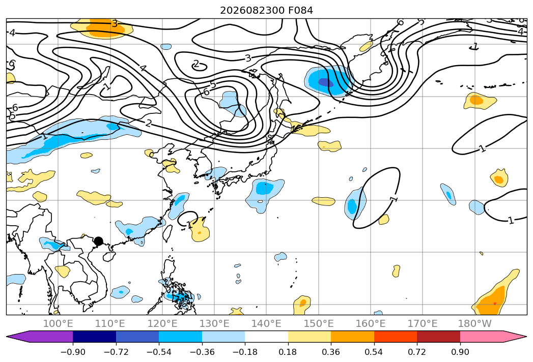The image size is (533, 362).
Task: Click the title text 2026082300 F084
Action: point(267,11)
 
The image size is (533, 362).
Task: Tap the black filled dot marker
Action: point(98,241)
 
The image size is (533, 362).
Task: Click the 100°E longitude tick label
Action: point(58,324)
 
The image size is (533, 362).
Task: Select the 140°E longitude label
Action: point(266,324)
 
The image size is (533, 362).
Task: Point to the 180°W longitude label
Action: point(474,324)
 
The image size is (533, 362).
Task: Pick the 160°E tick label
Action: point(371,324)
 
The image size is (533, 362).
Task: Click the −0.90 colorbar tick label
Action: point(73,352)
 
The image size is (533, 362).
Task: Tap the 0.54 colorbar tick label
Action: point(374,352)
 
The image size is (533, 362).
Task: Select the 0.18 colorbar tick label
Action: point(288,352)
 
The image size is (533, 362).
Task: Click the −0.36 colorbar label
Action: point(202,352)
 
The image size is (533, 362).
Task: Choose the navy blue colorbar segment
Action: point(94,336)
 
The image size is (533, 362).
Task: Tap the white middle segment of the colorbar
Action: point(267,336)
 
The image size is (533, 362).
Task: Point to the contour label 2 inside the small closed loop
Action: point(196,64)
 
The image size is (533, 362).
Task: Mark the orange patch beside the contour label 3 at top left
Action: point(105,29)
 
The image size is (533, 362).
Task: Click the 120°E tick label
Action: point(162,324)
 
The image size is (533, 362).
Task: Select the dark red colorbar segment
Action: point(438,336)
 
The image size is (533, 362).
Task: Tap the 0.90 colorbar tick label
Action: point(460,352)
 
